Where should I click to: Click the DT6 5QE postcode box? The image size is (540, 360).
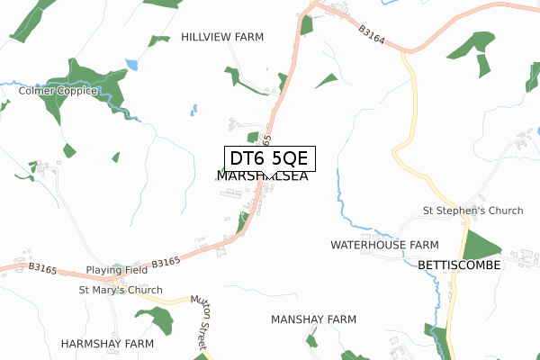(x=269, y=159)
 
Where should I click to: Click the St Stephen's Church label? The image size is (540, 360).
(x=472, y=211)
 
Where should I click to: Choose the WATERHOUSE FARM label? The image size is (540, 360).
(x=384, y=245)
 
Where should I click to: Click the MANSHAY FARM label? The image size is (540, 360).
(x=313, y=319)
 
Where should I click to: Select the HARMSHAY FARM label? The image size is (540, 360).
(x=107, y=344)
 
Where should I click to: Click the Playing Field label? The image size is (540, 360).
(x=116, y=270)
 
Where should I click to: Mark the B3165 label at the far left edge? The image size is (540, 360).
(x=42, y=267)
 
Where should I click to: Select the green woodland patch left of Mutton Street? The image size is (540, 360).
(x=155, y=319)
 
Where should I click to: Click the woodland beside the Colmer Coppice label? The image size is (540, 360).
(x=85, y=76)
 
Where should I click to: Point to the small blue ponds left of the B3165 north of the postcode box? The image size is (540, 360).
(x=193, y=111)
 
